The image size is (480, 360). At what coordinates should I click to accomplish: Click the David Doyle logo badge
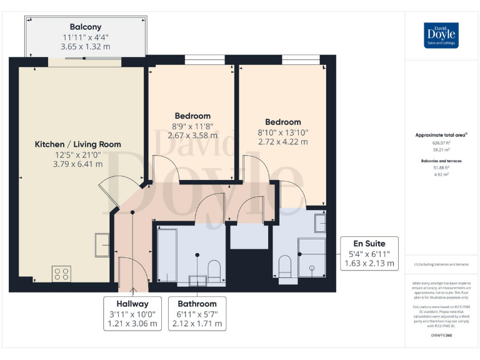[x=441, y=35]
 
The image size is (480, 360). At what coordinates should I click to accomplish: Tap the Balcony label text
[x=86, y=27]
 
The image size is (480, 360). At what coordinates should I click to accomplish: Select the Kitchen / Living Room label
[x=77, y=144]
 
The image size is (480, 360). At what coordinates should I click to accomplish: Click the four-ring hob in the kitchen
[x=61, y=274]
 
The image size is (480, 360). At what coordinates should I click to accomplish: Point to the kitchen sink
[x=102, y=244]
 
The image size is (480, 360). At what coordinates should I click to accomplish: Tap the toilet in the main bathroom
[x=213, y=269]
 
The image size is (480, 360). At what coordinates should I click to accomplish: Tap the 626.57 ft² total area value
[x=441, y=142]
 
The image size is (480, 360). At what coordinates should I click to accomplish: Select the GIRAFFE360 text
[x=441, y=336]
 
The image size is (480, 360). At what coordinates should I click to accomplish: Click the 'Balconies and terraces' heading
[x=441, y=161]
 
